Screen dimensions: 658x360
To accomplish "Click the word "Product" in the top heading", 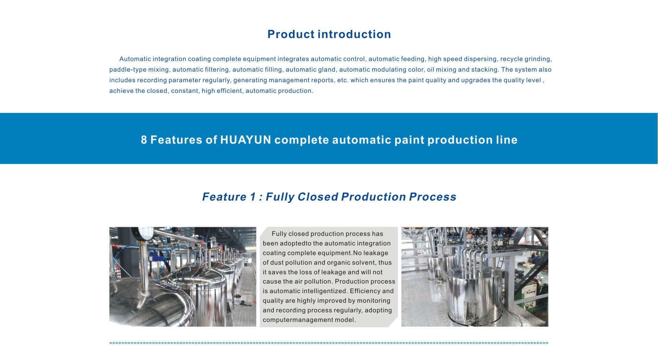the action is [x=291, y=34].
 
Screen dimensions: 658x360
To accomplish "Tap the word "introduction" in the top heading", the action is [x=354, y=34].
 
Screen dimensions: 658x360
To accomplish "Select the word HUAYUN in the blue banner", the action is [x=246, y=140].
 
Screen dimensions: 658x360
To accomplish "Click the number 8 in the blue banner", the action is [x=144, y=140].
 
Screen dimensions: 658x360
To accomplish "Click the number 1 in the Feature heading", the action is [x=253, y=197].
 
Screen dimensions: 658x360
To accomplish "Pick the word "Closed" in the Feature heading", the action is [x=318, y=197].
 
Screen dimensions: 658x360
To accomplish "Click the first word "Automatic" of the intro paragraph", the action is [x=135, y=59].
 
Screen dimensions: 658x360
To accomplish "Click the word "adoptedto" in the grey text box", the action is [x=296, y=243].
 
